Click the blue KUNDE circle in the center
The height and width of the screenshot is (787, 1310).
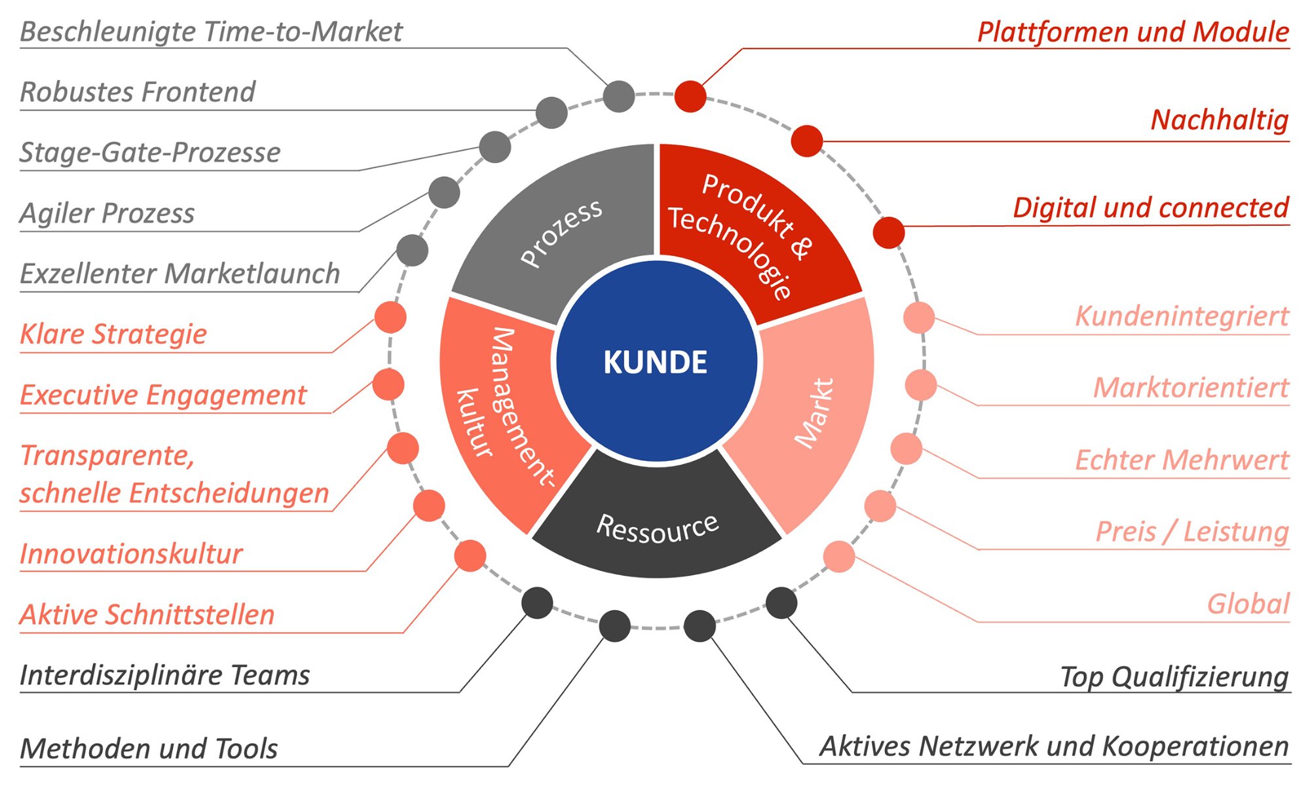point(656,361)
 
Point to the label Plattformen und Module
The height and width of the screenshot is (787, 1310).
point(1132,31)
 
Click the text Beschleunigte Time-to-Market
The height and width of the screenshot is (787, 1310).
point(211,31)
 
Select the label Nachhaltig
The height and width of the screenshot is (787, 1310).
point(1219,120)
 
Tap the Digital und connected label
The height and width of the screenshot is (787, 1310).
point(1150,208)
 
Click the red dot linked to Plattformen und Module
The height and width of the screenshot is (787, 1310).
point(690,96)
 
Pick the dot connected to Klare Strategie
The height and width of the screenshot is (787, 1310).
point(390,318)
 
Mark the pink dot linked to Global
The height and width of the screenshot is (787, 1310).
point(839,557)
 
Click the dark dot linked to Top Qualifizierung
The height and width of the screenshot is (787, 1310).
point(781,602)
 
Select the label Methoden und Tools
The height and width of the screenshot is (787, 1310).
point(149,748)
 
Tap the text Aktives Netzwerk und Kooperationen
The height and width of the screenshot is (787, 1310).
point(1054,746)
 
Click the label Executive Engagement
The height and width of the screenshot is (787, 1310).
point(163,395)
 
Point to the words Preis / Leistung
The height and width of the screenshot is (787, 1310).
point(1192,531)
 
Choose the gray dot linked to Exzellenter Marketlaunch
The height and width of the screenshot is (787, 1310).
point(413,250)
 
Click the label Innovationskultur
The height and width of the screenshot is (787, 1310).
point(131,554)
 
